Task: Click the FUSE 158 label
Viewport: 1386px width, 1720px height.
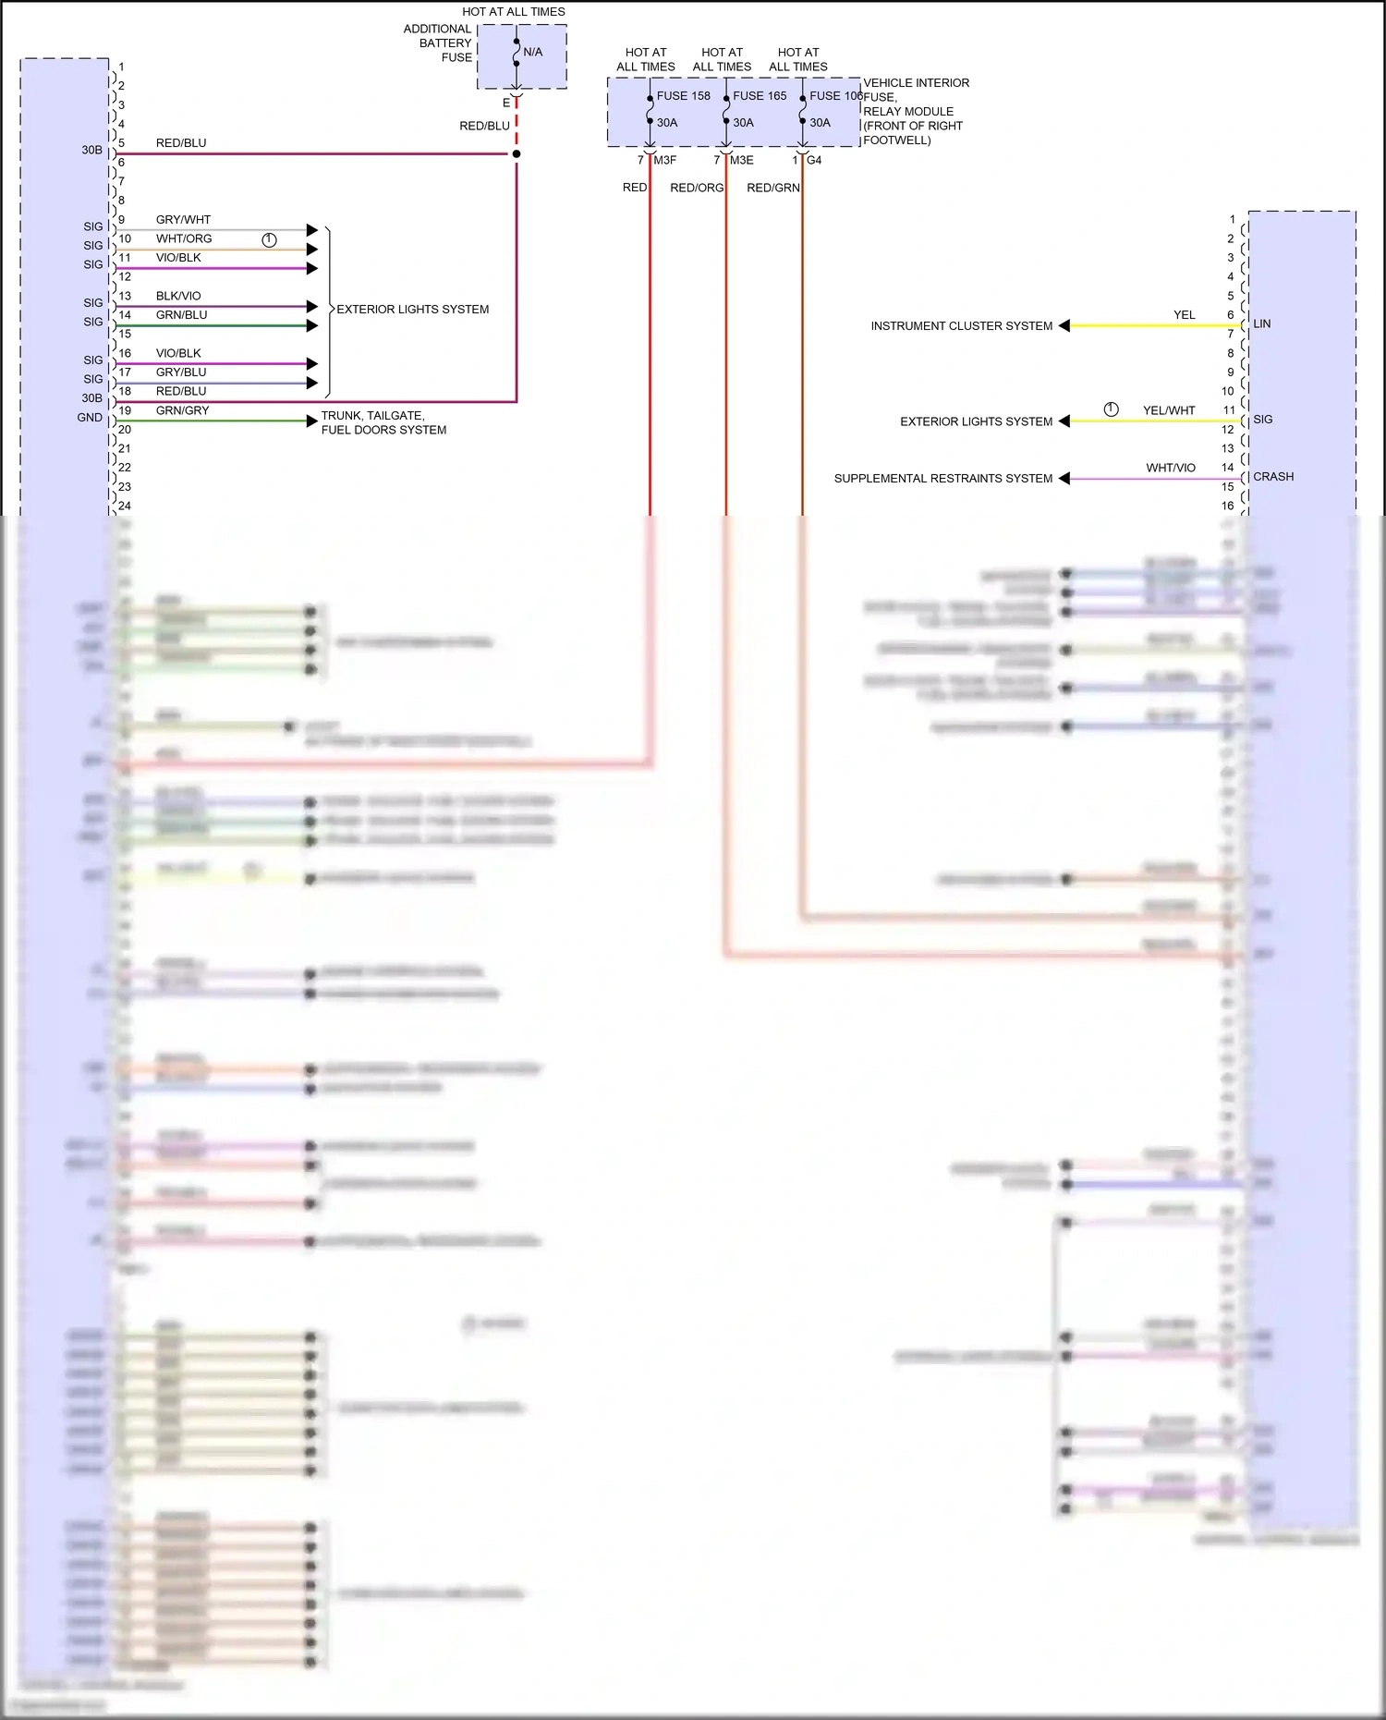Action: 683,96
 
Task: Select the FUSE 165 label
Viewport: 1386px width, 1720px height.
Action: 760,96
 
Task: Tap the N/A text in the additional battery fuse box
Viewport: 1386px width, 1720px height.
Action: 533,53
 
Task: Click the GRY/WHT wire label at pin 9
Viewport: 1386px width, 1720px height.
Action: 183,220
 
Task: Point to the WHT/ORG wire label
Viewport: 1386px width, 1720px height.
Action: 184,238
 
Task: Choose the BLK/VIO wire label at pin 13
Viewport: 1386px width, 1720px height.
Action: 178,296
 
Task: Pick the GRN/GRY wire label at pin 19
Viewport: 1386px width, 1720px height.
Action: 182,410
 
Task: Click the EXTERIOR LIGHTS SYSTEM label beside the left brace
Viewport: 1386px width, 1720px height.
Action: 412,310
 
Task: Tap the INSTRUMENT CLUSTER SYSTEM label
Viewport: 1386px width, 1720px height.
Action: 961,326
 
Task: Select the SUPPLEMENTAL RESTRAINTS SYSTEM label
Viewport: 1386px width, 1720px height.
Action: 942,479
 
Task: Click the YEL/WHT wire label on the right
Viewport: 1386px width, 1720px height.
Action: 1169,410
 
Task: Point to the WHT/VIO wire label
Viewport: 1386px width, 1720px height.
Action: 1171,468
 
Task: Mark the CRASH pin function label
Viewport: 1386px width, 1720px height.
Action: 1273,477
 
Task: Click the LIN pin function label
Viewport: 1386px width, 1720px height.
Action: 1262,324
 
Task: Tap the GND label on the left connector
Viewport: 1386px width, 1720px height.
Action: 90,418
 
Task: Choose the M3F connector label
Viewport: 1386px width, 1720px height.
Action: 665,161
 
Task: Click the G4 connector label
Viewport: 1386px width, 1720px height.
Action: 814,161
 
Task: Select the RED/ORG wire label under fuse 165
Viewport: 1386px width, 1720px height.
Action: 697,189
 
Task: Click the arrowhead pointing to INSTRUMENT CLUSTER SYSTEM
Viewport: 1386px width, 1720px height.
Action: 1064,325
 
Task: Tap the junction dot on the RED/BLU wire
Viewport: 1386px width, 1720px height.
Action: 517,154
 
